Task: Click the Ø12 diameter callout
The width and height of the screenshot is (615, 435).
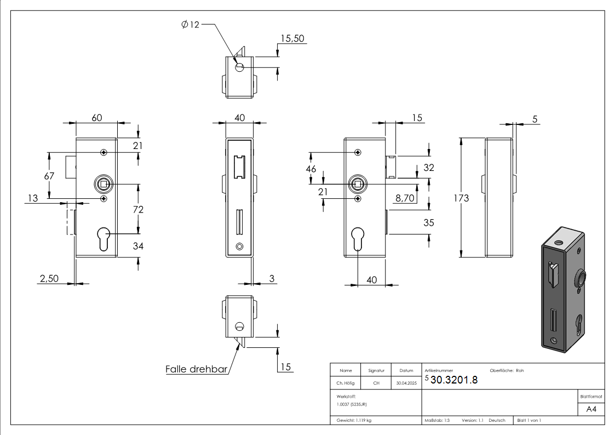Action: (191, 25)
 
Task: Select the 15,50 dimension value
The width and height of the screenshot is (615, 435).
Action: (292, 38)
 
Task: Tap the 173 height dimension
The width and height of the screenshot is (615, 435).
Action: (462, 198)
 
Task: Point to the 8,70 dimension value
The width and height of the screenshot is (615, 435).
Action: (405, 198)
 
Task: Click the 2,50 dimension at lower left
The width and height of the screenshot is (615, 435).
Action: (48, 278)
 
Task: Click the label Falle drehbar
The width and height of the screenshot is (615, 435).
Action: (196, 369)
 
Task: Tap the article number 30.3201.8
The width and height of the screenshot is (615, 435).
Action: (454, 381)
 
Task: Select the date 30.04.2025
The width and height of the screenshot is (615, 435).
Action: (406, 384)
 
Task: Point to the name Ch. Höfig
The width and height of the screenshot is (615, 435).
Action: (346, 384)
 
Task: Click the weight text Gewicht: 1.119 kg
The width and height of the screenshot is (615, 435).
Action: (354, 420)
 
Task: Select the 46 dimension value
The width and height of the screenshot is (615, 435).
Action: (311, 169)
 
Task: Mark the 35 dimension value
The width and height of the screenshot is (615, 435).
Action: (429, 222)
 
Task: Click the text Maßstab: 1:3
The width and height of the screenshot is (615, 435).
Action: (437, 420)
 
